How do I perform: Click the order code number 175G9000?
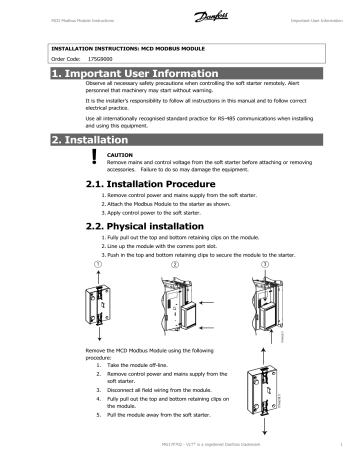(x=91, y=59)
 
